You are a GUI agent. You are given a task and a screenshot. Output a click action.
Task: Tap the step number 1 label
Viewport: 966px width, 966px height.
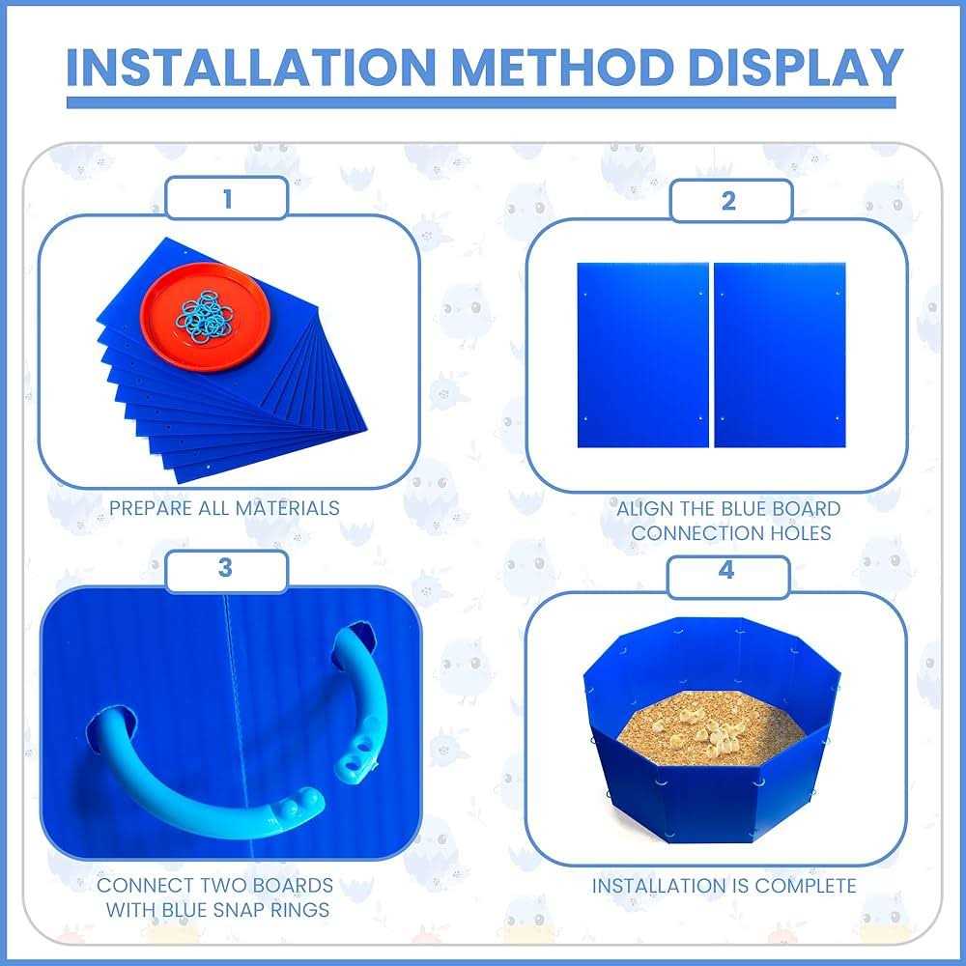pos(227,199)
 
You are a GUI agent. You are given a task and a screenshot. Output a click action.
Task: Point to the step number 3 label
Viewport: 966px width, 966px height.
pos(226,568)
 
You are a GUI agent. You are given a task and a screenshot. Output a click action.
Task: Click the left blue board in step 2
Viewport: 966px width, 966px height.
pos(642,355)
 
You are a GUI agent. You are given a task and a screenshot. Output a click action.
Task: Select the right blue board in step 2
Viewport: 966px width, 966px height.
pos(779,355)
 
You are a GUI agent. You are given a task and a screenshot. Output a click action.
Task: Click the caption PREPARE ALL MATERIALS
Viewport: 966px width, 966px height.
pos(224,507)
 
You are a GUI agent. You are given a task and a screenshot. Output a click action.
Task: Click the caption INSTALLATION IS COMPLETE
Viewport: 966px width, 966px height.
pos(724,886)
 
